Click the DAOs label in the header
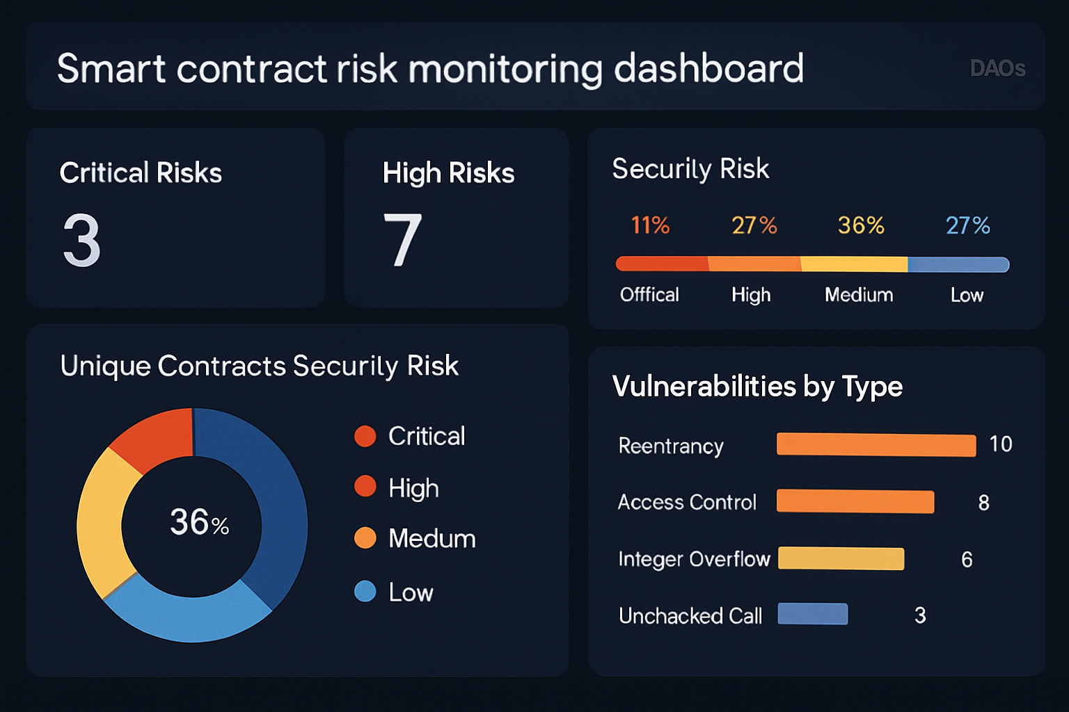(x=997, y=68)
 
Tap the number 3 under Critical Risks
(x=82, y=240)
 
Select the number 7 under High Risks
(x=402, y=240)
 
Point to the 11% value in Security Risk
(x=650, y=225)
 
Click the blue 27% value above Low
(x=967, y=225)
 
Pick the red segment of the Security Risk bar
(x=661, y=264)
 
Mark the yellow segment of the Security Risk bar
(x=854, y=264)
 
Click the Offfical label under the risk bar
(x=649, y=295)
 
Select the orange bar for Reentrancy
(x=876, y=445)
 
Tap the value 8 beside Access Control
(x=983, y=503)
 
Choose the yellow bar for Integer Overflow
(x=841, y=558)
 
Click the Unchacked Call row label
(x=690, y=616)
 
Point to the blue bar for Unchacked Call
(x=812, y=614)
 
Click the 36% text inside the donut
(x=199, y=522)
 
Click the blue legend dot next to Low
(x=365, y=592)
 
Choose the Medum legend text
(x=431, y=539)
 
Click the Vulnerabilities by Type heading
(x=757, y=387)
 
